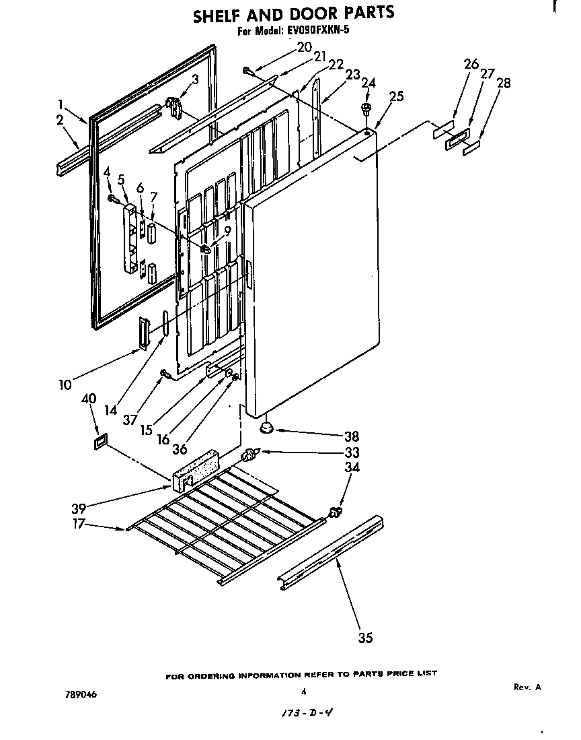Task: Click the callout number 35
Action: [365, 638]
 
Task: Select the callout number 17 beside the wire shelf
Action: [79, 524]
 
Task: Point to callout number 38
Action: [352, 436]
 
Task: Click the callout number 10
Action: [65, 384]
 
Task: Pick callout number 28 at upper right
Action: [504, 83]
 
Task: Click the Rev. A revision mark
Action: [527, 687]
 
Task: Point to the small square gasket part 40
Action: [99, 440]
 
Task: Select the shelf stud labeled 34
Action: [333, 516]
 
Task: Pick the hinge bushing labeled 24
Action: [366, 108]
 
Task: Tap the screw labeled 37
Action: [163, 372]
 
